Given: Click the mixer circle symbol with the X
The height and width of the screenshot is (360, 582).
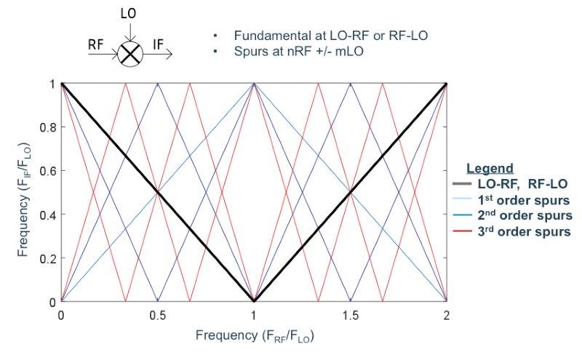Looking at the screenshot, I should point(130,54).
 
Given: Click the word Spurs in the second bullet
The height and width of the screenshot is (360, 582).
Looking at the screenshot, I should point(247,52).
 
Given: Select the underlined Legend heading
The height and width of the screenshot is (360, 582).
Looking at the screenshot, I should point(490,168).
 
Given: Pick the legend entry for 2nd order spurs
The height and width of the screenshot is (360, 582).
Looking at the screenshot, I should point(522,215).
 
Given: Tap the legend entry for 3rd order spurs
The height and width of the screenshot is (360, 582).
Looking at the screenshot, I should point(522,231).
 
